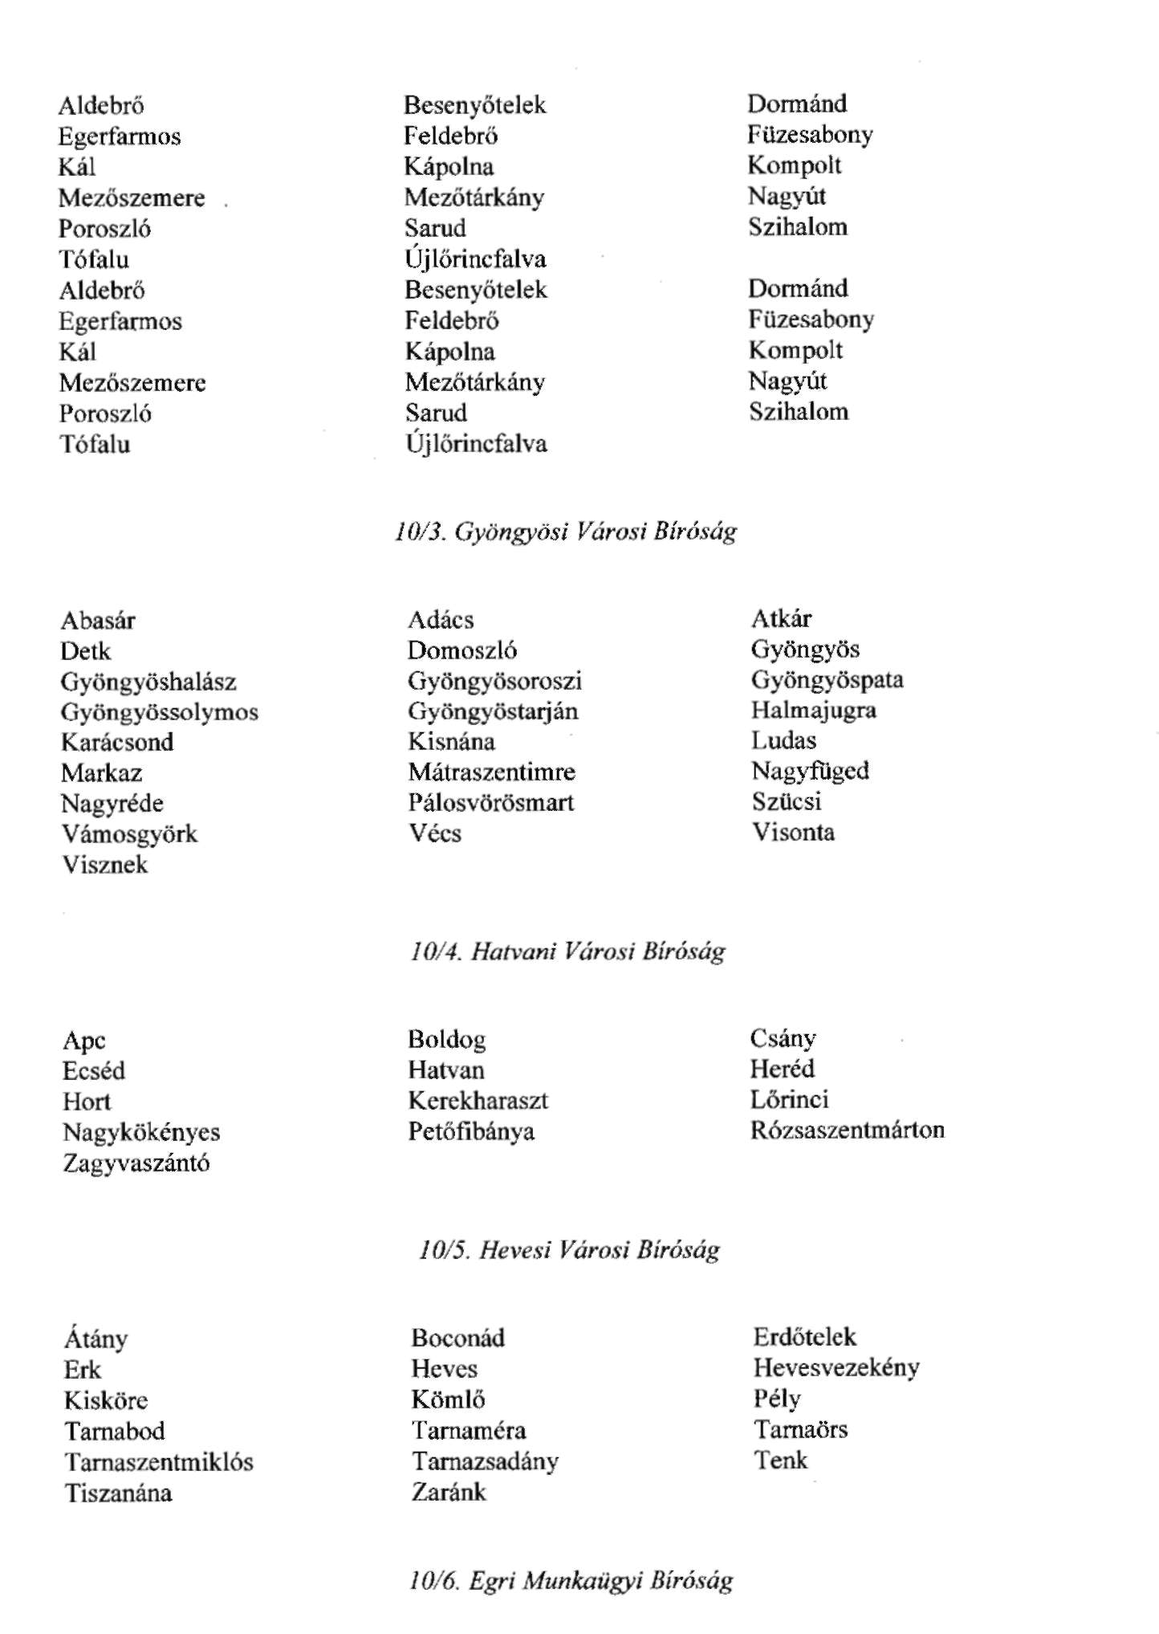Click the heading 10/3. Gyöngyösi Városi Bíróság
pyautogui.click(x=565, y=532)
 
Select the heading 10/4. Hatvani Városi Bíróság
pyautogui.click(x=567, y=951)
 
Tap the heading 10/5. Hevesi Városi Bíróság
pyautogui.click(x=568, y=1250)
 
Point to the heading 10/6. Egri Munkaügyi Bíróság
pyautogui.click(x=570, y=1581)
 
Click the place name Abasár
pyautogui.click(x=98, y=621)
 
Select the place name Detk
pyautogui.click(x=85, y=651)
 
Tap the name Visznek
pyautogui.click(x=105, y=865)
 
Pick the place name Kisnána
pyautogui.click(x=451, y=741)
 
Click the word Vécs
pyautogui.click(x=434, y=833)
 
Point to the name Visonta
pyautogui.click(x=793, y=832)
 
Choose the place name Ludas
pyautogui.click(x=783, y=740)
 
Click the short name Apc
pyautogui.click(x=84, y=1041)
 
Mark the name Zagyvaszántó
pyautogui.click(x=136, y=1163)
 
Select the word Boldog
pyautogui.click(x=446, y=1040)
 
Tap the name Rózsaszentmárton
pyautogui.click(x=847, y=1131)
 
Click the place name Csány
pyautogui.click(x=783, y=1039)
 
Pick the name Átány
pyautogui.click(x=96, y=1339)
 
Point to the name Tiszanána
pyautogui.click(x=119, y=1493)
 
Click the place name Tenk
pyautogui.click(x=780, y=1461)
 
